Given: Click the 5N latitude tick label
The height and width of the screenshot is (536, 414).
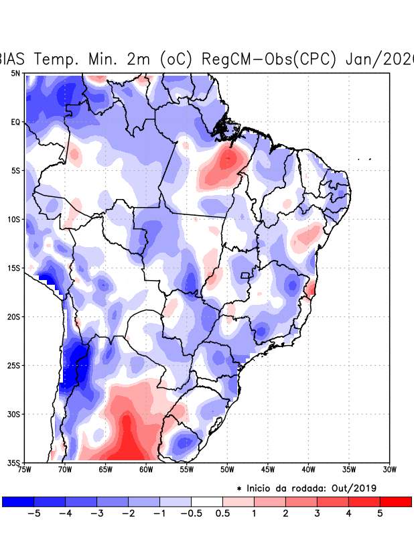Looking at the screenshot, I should [x=15, y=73].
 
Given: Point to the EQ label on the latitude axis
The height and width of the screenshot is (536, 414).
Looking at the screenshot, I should [x=15, y=122].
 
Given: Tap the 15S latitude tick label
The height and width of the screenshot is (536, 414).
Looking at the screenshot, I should [x=15, y=268].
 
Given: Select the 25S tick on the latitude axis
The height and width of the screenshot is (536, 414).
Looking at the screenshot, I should [x=15, y=365].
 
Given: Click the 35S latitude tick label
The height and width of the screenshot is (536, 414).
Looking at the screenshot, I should [x=15, y=462].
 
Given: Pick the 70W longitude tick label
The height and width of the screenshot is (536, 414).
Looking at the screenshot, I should [x=64, y=470].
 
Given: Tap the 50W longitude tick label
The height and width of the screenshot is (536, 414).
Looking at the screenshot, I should [x=226, y=470].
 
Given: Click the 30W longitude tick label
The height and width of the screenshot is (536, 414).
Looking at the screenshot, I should [x=389, y=470].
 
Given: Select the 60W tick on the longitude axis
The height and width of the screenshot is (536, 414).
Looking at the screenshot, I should [x=145, y=470].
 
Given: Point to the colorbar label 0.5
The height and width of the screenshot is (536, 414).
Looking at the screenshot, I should [x=222, y=514].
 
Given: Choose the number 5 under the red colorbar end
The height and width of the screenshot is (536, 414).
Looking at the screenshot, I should [x=380, y=514].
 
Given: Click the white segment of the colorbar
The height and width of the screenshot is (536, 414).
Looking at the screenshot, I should [x=207, y=502].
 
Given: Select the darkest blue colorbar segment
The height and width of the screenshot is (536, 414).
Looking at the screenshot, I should [x=18, y=502].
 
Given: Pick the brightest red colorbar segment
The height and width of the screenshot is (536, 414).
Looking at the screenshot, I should [x=395, y=502].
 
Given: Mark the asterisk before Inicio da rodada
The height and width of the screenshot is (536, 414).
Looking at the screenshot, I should [x=239, y=489].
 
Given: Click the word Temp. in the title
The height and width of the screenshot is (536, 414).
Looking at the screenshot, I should [x=58, y=59].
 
